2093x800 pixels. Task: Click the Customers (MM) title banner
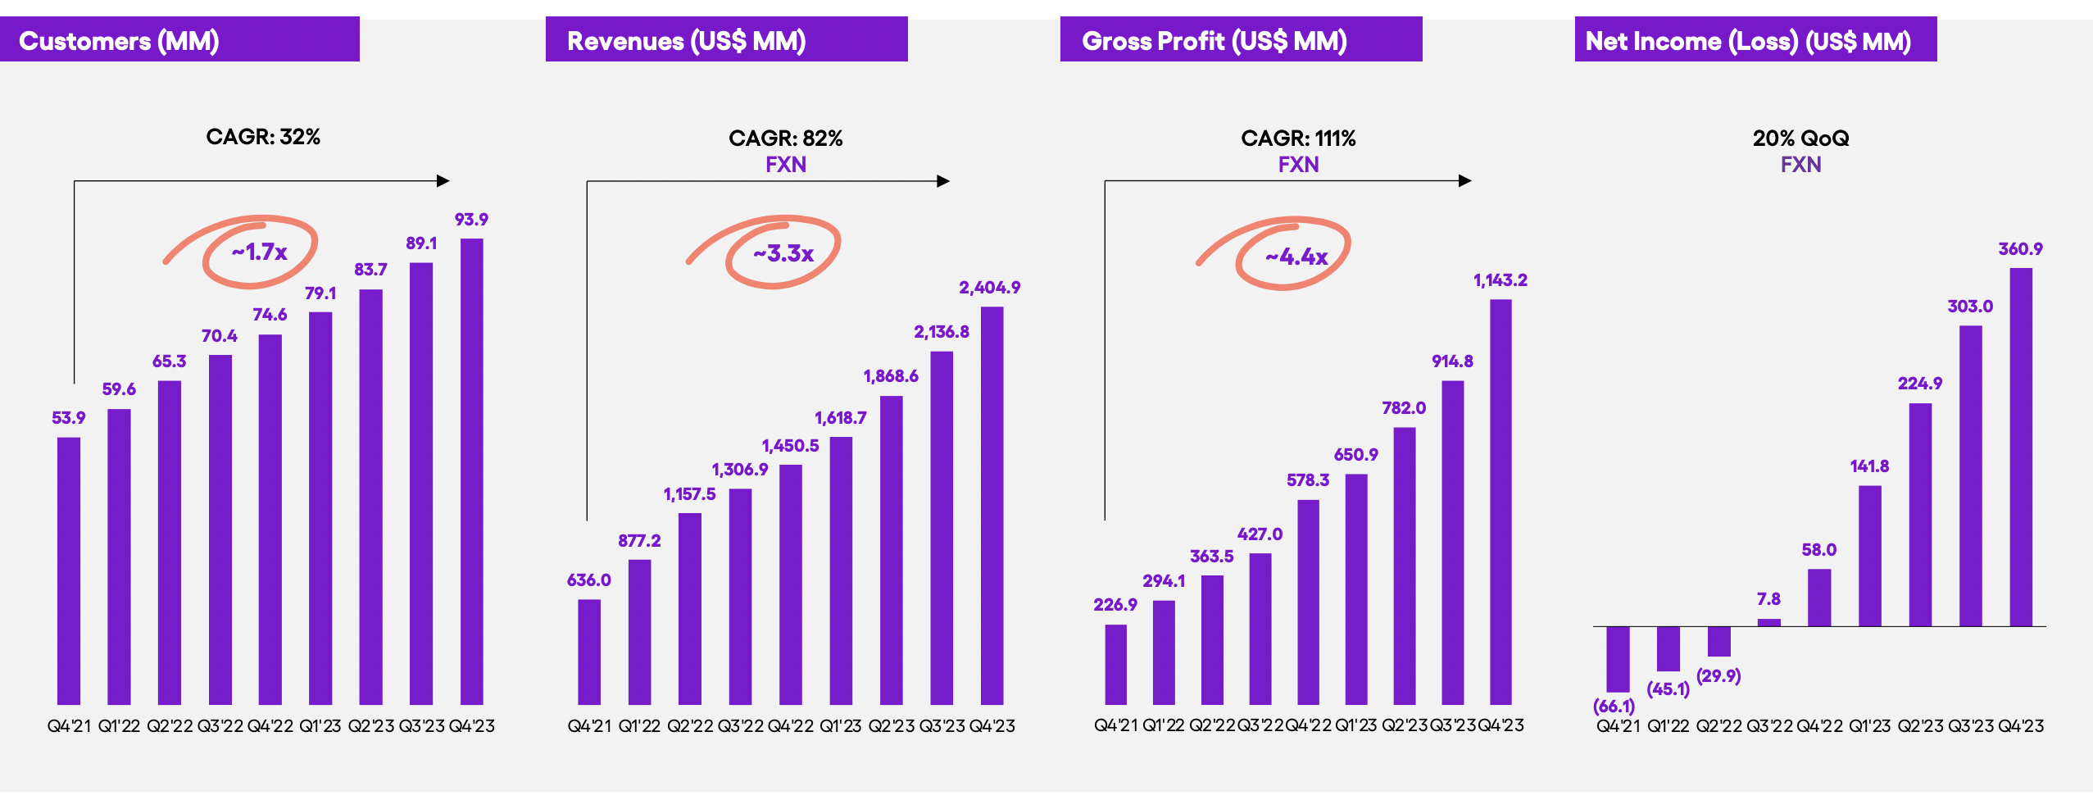179,40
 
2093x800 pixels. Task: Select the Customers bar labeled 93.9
471,471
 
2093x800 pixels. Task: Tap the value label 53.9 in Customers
68,418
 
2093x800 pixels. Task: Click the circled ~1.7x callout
260,252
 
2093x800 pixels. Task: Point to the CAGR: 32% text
262,137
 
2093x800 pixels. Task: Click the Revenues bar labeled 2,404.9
992,505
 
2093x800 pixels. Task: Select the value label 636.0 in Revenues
588,580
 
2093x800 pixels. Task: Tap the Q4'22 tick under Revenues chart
790,726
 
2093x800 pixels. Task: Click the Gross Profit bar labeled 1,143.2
1501,502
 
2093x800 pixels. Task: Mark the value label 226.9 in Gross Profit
1115,605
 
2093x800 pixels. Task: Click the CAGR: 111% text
1298,139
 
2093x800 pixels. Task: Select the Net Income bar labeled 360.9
2021,447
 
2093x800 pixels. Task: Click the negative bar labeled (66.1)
1618,658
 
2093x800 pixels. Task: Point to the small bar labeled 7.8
1769,622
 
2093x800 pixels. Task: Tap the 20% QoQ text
1800,139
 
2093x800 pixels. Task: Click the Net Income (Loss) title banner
1755,40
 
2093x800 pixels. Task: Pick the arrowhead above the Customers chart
443,181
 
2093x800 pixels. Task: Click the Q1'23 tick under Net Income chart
1869,726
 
